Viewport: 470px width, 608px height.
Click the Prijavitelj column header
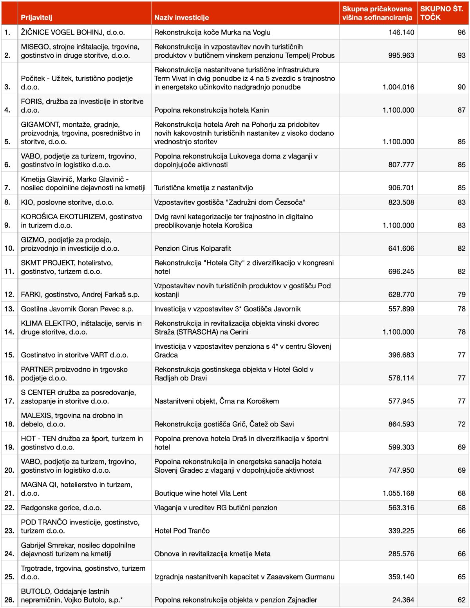pos(36,17)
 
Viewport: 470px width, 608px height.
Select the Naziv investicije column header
pos(181,17)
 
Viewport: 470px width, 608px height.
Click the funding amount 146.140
pos(401,32)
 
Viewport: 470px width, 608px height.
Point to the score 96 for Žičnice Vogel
pos(461,32)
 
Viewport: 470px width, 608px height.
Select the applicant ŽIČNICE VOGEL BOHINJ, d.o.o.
pos(73,32)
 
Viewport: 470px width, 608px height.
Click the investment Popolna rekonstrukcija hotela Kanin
pos(211,110)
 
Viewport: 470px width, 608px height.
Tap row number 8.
pos(7,202)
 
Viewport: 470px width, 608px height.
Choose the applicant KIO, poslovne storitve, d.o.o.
pos(67,202)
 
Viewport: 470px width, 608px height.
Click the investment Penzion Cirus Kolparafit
pos(193,248)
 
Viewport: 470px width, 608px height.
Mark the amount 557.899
pos(401,309)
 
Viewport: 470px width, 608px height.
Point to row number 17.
pos(9,401)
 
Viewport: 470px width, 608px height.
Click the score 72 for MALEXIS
pos(461,424)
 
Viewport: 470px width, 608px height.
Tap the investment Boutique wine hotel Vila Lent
pos(201,493)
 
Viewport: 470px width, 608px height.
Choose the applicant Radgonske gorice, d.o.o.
pos(61,508)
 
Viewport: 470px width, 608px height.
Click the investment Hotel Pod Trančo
pos(182,531)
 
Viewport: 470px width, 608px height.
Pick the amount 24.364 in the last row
pos(403,600)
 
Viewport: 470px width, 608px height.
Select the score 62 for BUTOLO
pos(461,600)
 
